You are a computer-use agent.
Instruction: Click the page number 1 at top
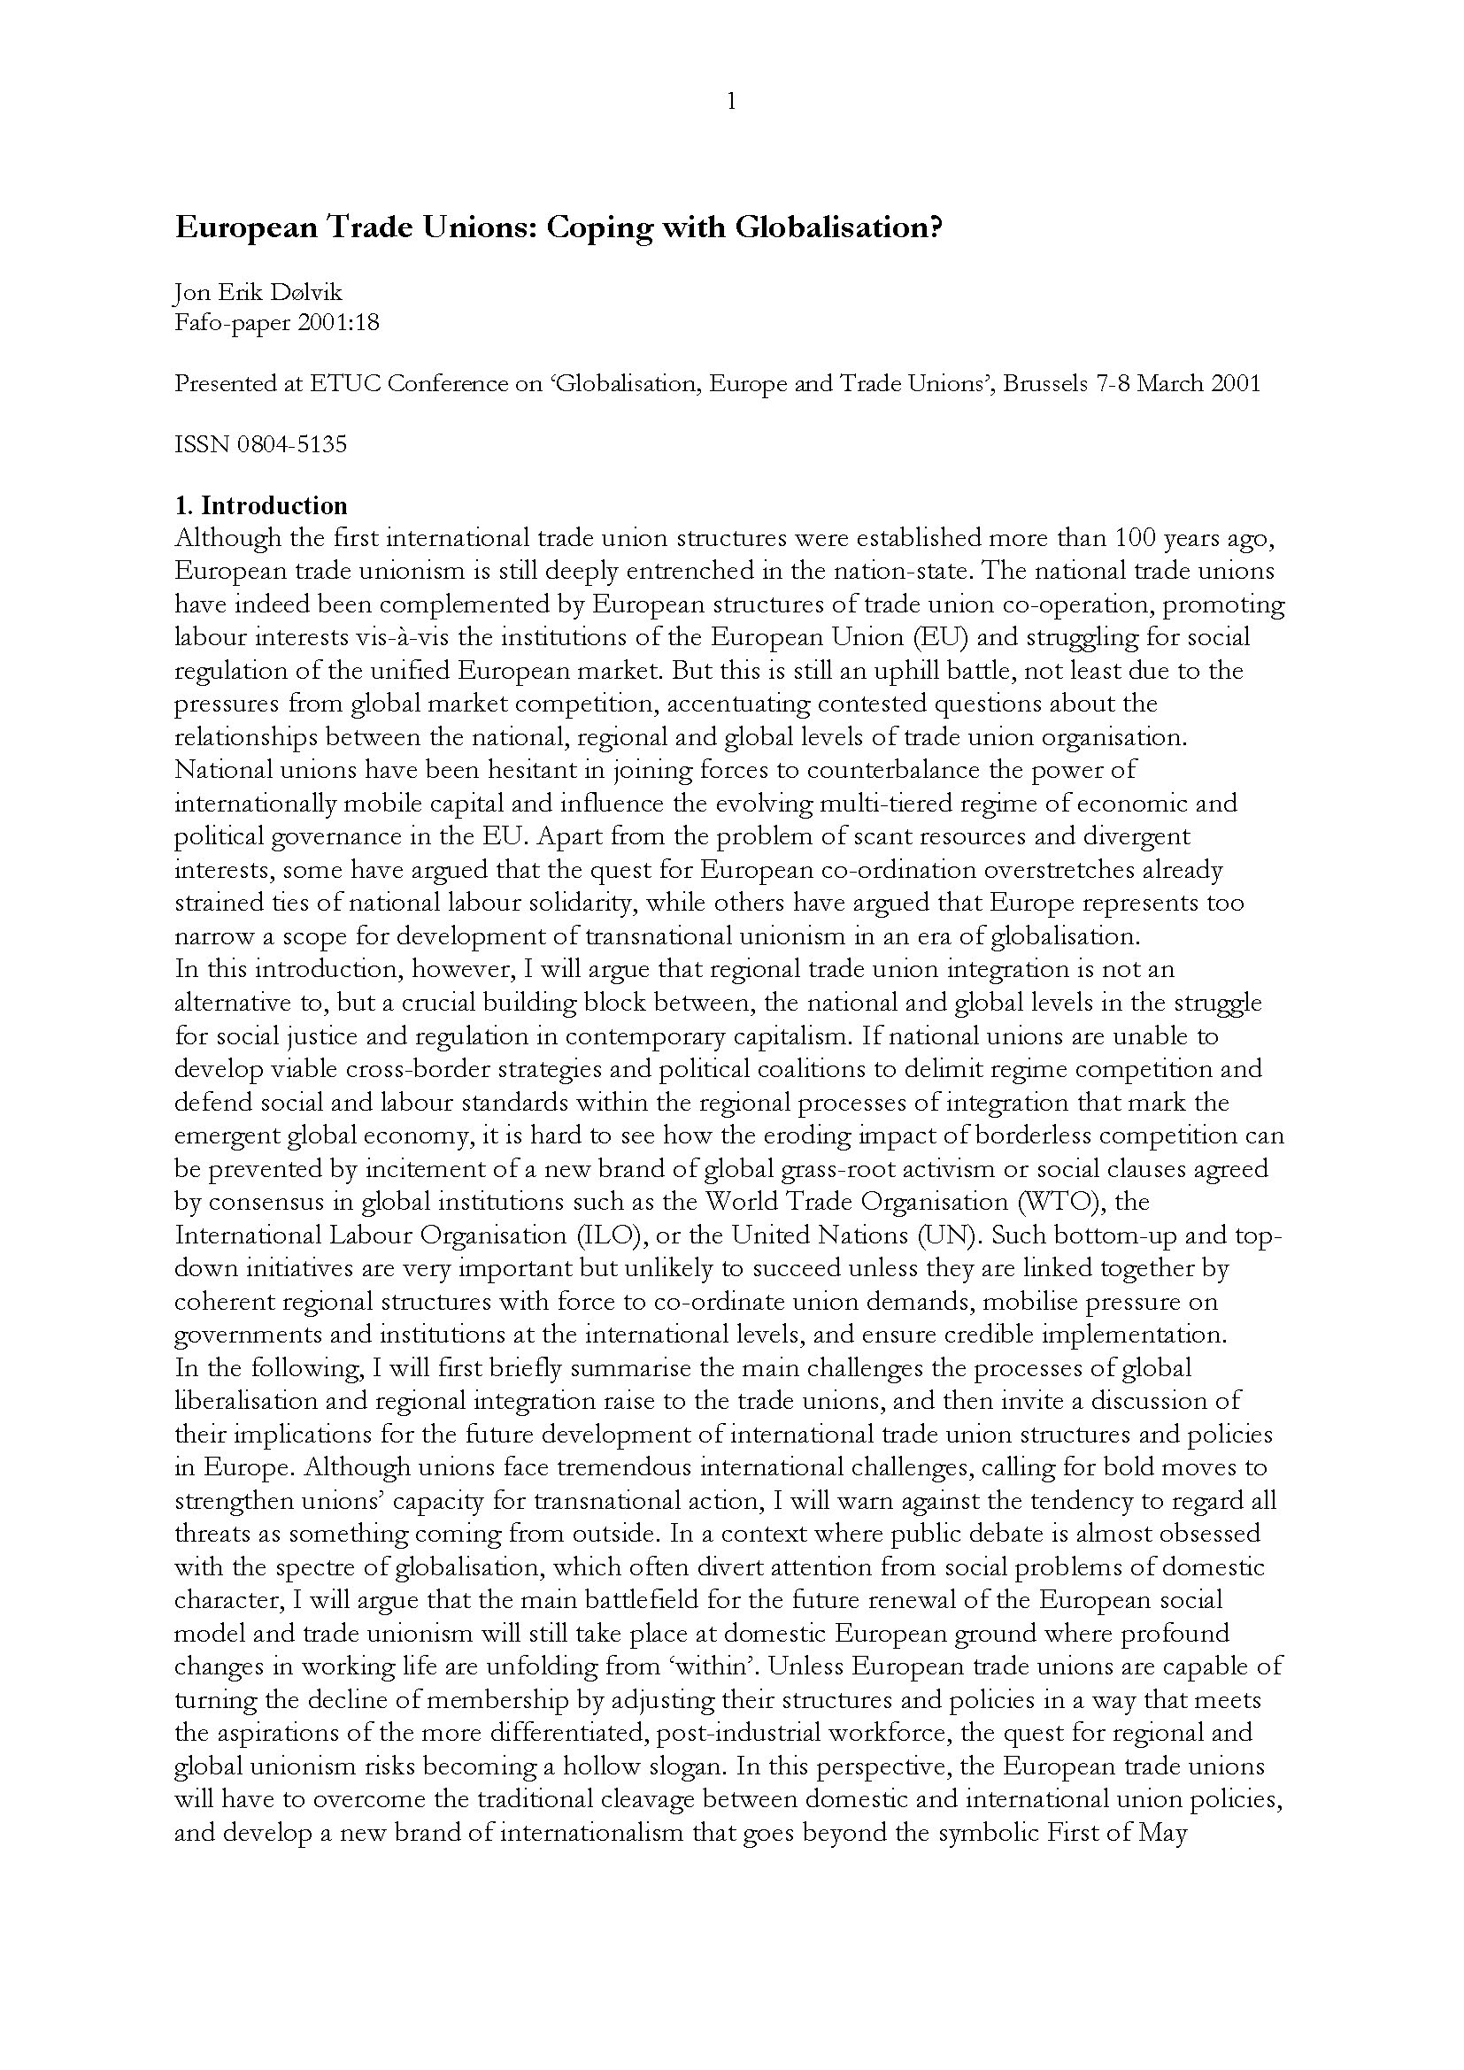point(731,102)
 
